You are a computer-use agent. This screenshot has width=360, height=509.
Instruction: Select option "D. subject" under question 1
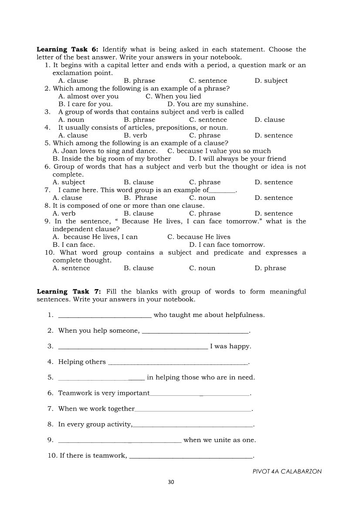pyautogui.click(x=271, y=81)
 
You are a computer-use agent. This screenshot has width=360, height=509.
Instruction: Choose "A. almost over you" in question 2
pyautogui.click(x=88, y=96)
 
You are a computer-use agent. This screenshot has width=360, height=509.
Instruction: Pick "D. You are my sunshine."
pyautogui.click(x=207, y=104)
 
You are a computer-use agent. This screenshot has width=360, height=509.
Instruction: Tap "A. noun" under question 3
pyautogui.click(x=71, y=120)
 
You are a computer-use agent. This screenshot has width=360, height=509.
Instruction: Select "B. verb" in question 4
pyautogui.click(x=135, y=135)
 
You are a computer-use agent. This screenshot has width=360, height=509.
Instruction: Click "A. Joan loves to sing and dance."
pyautogui.click(x=105, y=151)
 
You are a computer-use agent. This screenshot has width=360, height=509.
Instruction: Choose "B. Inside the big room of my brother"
pyautogui.click(x=112, y=159)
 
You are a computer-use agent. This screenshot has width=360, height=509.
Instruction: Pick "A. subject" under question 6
pyautogui.click(x=69, y=182)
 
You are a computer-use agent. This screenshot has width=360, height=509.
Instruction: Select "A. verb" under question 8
pyautogui.click(x=64, y=214)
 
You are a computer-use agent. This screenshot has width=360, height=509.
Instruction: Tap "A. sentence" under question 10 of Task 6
pyautogui.click(x=71, y=268)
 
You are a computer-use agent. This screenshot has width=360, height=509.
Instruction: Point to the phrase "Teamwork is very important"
pyautogui.click(x=104, y=393)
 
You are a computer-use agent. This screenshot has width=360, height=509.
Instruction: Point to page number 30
pyautogui.click(x=171, y=482)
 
